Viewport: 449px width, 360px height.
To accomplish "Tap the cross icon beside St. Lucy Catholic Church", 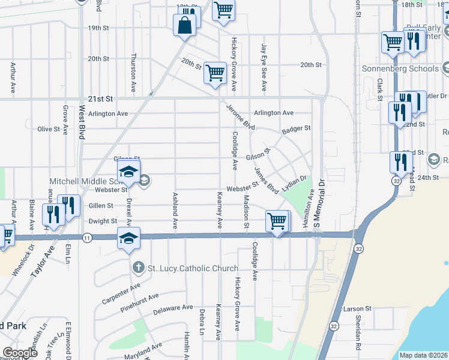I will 138,268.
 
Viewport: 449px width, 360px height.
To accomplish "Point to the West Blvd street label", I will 82,124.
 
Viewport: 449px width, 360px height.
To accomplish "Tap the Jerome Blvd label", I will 241,118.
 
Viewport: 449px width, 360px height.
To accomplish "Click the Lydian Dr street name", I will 294,183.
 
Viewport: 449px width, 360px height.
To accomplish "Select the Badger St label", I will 297,128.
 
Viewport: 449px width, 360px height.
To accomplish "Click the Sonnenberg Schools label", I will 400,68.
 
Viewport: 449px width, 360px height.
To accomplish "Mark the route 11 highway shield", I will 88,238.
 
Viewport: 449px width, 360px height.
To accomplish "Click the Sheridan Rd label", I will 358,337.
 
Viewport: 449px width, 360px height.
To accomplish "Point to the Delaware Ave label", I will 173,309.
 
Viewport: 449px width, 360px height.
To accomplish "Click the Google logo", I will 20,353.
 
